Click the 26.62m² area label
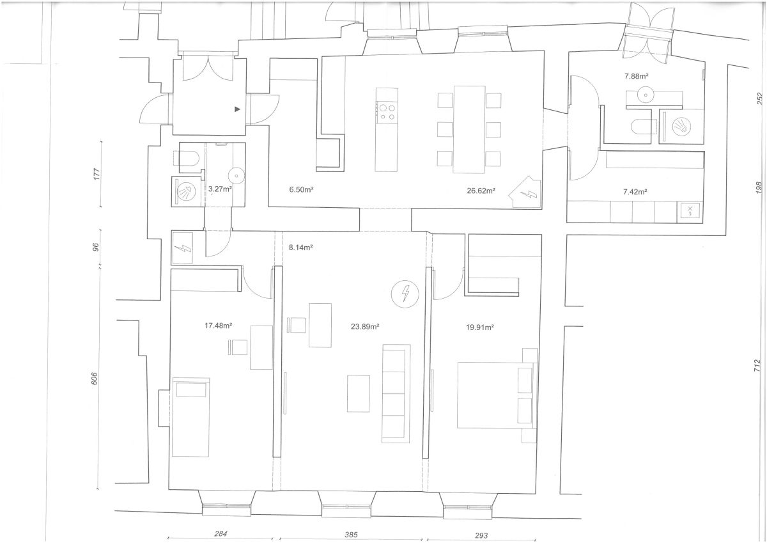[x=481, y=191]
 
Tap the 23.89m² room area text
[x=365, y=326]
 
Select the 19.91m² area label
[x=479, y=327]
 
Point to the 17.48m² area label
[x=218, y=326]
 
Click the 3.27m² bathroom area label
[x=220, y=189]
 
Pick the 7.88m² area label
[x=636, y=76]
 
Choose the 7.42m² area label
[x=635, y=192]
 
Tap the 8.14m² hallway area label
[x=300, y=248]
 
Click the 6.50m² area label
[x=301, y=189]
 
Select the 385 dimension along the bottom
[x=351, y=535]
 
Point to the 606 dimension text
[x=95, y=378]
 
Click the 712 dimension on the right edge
[x=757, y=366]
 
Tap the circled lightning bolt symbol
[x=405, y=294]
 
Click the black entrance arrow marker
[x=237, y=109]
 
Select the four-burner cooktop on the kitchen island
[x=387, y=113]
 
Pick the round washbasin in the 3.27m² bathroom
[x=236, y=176]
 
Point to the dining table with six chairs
[x=469, y=129]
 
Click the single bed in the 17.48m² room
[x=190, y=417]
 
